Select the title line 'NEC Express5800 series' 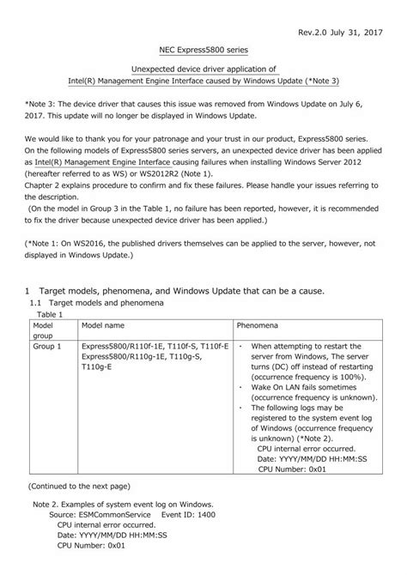pos(203,52)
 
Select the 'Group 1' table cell pos(47,347)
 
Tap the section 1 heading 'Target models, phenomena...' pos(179,291)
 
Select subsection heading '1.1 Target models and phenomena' pos(102,303)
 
